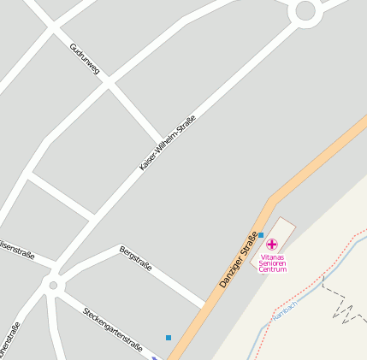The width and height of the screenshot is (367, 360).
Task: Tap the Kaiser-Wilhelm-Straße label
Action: click(x=168, y=142)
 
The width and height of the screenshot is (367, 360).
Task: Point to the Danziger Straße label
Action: click(x=238, y=259)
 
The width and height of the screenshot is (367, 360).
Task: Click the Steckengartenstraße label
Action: click(x=112, y=327)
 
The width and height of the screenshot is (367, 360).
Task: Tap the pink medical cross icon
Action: click(x=272, y=245)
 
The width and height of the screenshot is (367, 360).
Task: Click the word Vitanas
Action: click(x=272, y=257)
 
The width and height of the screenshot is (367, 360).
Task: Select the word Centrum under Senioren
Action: click(x=272, y=269)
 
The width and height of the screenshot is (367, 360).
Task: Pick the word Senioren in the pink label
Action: click(x=272, y=263)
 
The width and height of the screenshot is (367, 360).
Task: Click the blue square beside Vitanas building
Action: click(x=261, y=234)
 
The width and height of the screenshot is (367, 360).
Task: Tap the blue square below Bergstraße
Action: click(x=169, y=337)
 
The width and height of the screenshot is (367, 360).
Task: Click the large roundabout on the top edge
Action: click(x=305, y=11)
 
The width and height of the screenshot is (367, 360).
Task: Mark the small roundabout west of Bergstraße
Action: click(x=53, y=285)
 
